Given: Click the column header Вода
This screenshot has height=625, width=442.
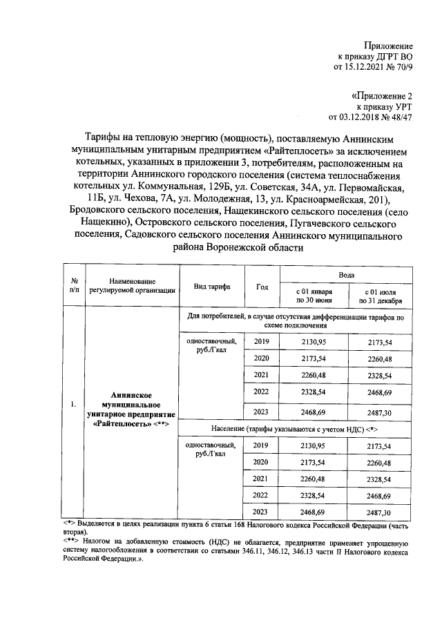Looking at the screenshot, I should (346, 274).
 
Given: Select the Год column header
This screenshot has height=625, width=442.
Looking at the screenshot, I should (262, 287).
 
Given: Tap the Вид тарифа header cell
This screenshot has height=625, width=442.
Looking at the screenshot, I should (212, 287).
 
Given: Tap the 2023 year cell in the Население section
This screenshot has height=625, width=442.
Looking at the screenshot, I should (262, 512).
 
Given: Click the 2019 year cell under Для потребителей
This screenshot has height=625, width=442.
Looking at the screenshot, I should (262, 342).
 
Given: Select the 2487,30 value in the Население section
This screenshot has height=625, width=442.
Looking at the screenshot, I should (380, 512).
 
